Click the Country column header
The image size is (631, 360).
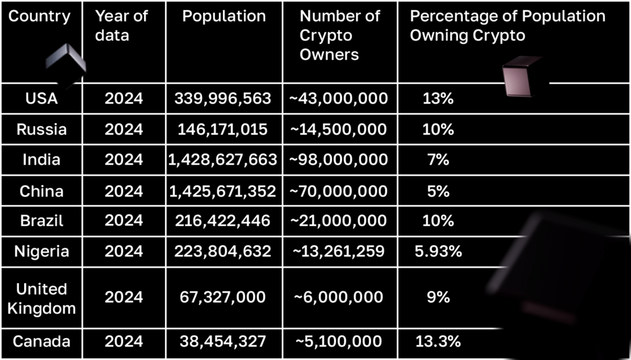(x=39, y=17)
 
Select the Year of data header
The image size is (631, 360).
(x=121, y=26)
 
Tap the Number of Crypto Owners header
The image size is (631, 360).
(x=340, y=35)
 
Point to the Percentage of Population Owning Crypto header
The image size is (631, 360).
(x=507, y=26)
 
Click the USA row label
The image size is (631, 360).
(x=42, y=99)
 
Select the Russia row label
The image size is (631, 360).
(x=42, y=129)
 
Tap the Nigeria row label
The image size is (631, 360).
(x=42, y=252)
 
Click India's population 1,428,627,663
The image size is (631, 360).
(x=222, y=160)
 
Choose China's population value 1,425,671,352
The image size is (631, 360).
(x=222, y=191)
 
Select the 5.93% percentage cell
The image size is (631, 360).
(x=438, y=252)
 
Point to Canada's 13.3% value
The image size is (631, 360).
(x=438, y=342)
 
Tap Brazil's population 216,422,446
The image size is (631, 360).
(x=222, y=221)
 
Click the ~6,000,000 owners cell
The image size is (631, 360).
(x=338, y=297)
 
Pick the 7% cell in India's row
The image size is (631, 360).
(x=438, y=160)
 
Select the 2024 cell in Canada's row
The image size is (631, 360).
(x=123, y=342)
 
